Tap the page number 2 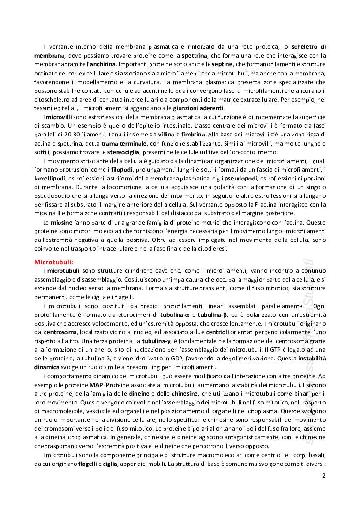click(x=324, y=475)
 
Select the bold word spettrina click(x=195, y=56)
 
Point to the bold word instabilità click(x=312, y=358)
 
